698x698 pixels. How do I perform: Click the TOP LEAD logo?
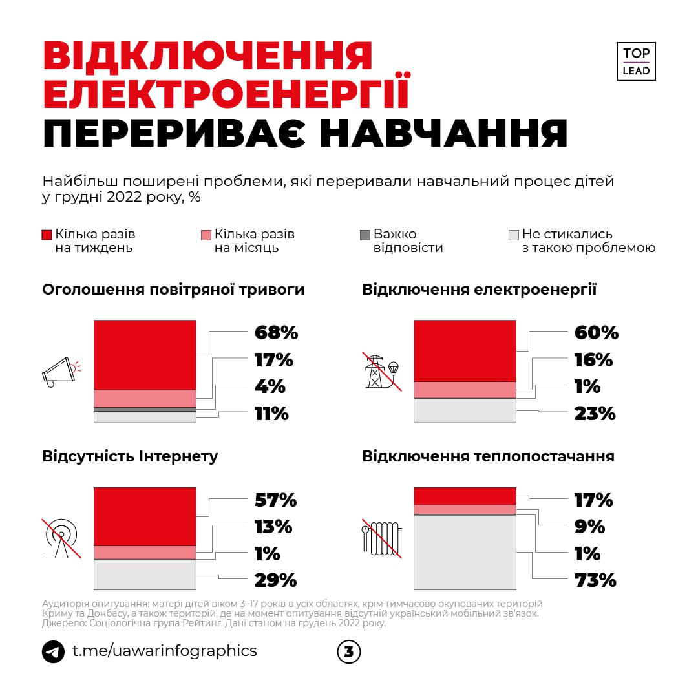(x=636, y=62)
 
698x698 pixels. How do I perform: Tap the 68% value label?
(x=276, y=333)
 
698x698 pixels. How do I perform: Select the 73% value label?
(x=595, y=580)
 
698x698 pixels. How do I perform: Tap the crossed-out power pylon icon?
(x=381, y=371)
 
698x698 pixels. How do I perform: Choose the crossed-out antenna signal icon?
(x=62, y=538)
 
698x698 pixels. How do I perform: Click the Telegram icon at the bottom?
(x=53, y=651)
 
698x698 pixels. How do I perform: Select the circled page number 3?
(x=349, y=651)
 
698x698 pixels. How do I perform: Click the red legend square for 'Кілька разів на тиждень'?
(x=47, y=235)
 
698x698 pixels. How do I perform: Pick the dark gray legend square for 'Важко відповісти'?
(x=365, y=235)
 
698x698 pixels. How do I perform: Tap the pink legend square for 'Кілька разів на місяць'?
(x=206, y=235)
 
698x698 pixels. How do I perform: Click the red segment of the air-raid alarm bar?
(x=145, y=355)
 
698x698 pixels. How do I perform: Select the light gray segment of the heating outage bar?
(x=465, y=552)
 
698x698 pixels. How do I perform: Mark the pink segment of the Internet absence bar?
(x=145, y=552)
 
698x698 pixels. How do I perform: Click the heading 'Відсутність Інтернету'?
(x=130, y=456)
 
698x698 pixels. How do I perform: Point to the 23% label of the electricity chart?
(x=595, y=414)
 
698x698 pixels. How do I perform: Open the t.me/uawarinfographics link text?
(x=164, y=651)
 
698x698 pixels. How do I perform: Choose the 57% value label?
(x=275, y=500)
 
